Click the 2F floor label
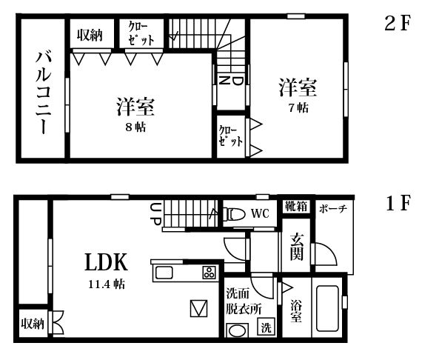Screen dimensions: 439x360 tap(397, 23)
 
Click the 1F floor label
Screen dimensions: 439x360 tap(398, 203)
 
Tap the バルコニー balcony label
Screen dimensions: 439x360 tap(44, 93)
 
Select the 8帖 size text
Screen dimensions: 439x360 tap(135, 127)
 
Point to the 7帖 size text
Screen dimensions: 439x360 tap(298, 107)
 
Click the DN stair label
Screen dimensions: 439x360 tap(231, 81)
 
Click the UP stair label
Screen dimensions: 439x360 tap(155, 214)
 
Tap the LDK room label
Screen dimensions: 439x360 tap(107, 262)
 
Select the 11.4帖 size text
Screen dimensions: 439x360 tap(107, 284)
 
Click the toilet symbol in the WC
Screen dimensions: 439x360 tap(233, 214)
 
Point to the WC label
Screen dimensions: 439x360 tap(260, 214)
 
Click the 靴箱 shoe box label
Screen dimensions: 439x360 tap(296, 207)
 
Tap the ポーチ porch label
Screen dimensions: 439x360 tap(333, 209)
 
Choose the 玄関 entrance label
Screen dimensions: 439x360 tap(297, 247)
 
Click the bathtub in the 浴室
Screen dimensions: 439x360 tap(327, 308)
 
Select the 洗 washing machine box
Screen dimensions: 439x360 tap(267, 327)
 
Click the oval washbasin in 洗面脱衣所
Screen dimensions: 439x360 tap(238, 330)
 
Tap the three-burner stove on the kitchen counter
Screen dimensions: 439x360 tap(210, 273)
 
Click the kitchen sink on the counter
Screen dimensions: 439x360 tap(164, 273)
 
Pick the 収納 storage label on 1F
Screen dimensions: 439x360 tap(33, 324)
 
